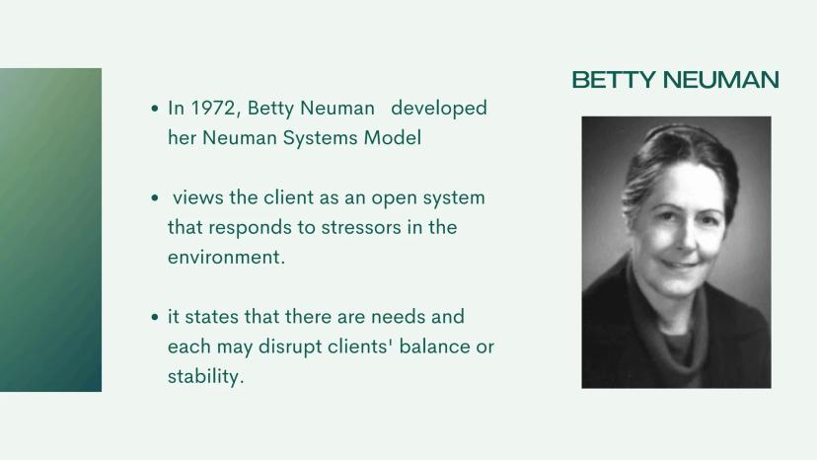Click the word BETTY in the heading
(x=614, y=80)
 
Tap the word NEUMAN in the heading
(x=721, y=80)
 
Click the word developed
(x=439, y=108)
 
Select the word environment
(x=226, y=257)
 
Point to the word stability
(x=205, y=376)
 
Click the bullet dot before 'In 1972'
(x=154, y=109)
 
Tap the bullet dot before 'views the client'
(x=154, y=198)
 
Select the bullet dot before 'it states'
(x=154, y=317)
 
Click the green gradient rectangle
(x=50, y=229)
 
